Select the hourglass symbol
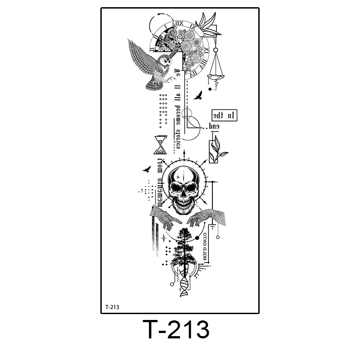[160, 145]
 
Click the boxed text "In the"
[225, 115]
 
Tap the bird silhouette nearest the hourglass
[146, 169]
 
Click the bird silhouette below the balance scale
[198, 95]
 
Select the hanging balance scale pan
[216, 76]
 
